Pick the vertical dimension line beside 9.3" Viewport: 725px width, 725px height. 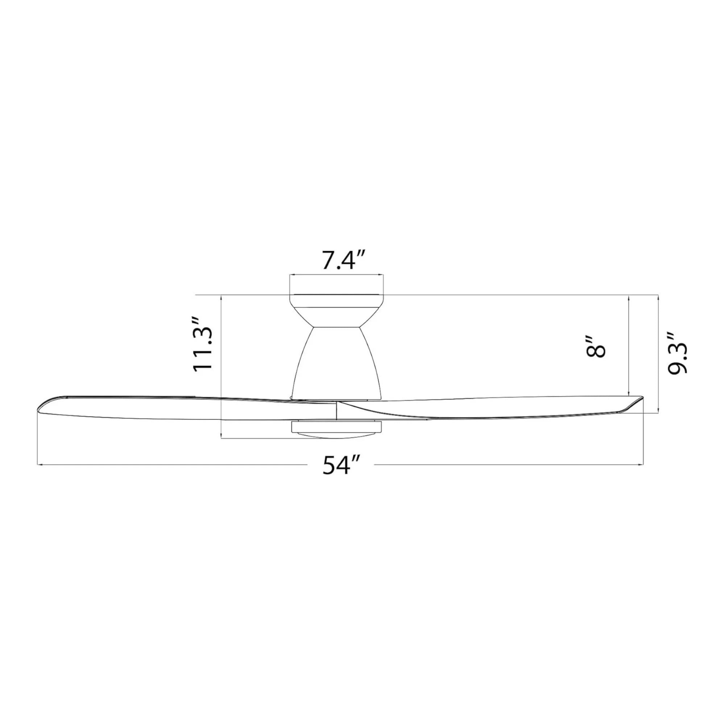point(659,353)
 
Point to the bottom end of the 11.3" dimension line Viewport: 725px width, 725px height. point(222,438)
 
